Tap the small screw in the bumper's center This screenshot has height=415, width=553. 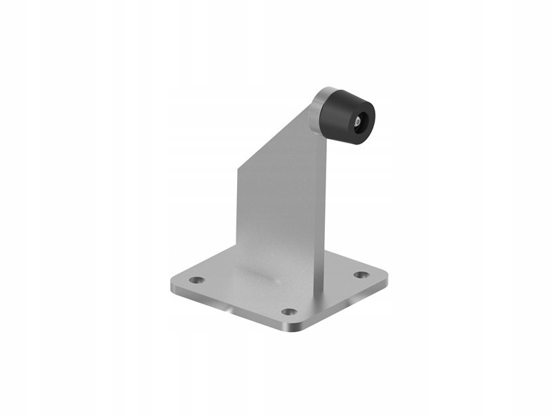coord(357,122)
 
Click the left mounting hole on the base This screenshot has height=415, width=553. coord(198,280)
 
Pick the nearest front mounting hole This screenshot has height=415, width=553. coord(289,311)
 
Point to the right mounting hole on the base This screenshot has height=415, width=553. coord(361,275)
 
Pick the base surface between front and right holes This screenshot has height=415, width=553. coord(328,294)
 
